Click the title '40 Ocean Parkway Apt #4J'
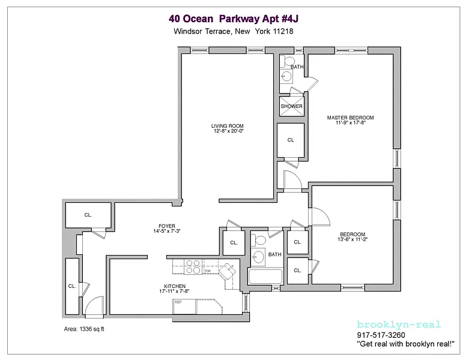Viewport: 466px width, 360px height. tap(233, 19)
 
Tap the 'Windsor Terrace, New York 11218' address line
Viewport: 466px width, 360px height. tap(233, 31)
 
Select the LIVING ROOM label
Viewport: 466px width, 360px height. tap(228, 126)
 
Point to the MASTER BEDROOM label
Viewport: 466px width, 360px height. tap(350, 118)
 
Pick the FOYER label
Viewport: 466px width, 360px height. tap(167, 226)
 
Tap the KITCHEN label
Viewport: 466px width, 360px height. tap(175, 286)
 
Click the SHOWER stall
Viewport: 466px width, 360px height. tap(291, 106)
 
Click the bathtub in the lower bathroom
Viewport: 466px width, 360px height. tap(265, 277)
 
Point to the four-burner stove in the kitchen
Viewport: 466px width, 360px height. tap(193, 266)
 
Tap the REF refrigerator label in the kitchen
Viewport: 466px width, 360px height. tap(178, 302)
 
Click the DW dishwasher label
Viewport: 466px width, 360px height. tap(207, 271)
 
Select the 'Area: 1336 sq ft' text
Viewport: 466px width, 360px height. tap(84, 329)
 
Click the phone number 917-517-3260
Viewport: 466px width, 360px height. tap(381, 335)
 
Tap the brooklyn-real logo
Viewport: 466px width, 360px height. tap(399, 325)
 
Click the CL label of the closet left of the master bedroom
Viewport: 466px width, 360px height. tap(291, 140)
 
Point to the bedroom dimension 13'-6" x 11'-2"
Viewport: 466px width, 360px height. tap(353, 239)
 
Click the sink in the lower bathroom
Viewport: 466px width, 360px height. tap(258, 257)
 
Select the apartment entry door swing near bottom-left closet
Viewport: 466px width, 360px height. tap(94, 305)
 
